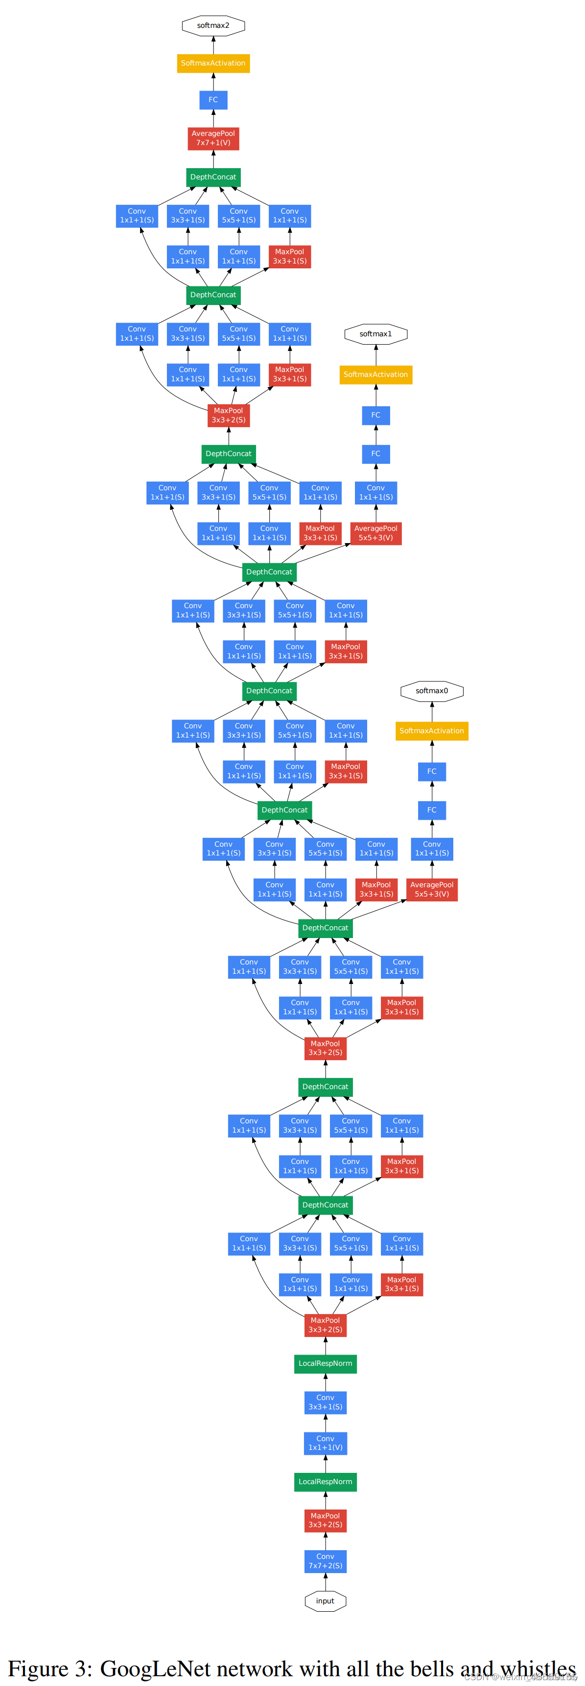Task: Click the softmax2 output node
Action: tap(213, 25)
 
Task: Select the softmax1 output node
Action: tap(375, 334)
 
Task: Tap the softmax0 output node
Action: tap(432, 691)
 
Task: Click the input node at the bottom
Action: tap(325, 1601)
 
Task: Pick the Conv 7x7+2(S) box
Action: tap(325, 1561)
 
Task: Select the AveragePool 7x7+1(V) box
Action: tap(213, 138)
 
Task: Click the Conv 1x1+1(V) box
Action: tap(325, 1443)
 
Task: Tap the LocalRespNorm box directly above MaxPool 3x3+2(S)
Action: tap(325, 1482)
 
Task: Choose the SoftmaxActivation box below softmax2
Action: tap(213, 63)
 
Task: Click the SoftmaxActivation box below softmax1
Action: tap(375, 374)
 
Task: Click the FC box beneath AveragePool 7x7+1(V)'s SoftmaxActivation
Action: tap(213, 100)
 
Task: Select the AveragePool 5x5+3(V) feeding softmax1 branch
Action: tap(375, 533)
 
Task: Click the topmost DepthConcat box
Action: tap(213, 177)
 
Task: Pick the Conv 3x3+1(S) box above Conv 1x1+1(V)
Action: tap(325, 1402)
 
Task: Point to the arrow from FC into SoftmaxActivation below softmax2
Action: tap(213, 82)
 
